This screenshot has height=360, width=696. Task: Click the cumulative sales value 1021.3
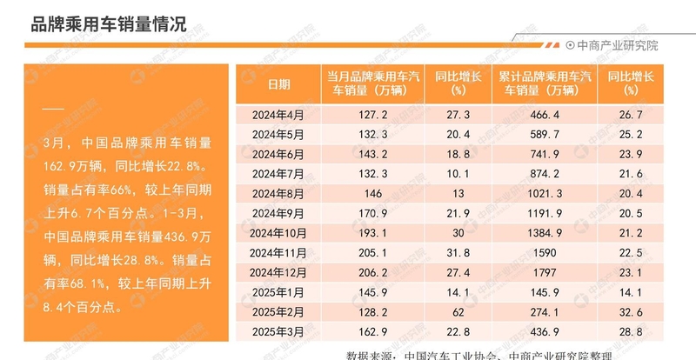[545, 195]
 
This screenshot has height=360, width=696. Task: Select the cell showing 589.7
[545, 135]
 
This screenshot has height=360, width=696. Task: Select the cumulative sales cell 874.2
[545, 175]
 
